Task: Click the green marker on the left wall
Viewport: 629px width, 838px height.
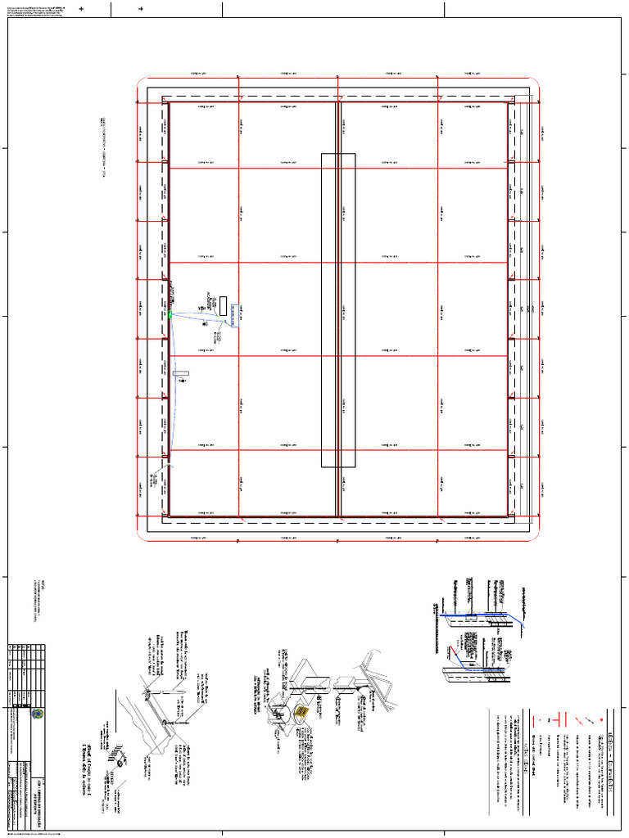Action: tap(170, 314)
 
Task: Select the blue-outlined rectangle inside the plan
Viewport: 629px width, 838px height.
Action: tap(237, 314)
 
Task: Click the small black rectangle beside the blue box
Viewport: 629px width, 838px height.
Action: tap(223, 306)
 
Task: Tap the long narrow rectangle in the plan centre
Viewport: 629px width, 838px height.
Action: tap(338, 309)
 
